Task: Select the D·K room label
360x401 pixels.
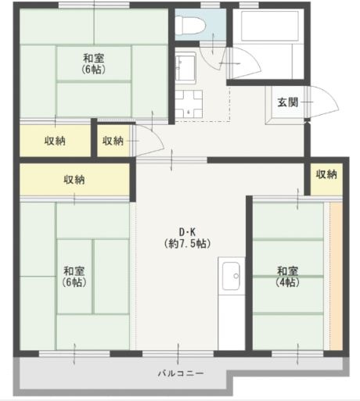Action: tap(188, 231)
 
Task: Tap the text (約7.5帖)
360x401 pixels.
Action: tap(188, 243)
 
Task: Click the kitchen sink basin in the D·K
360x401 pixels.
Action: tap(232, 274)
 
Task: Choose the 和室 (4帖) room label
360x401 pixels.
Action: tap(286, 277)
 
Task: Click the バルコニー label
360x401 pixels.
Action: tap(181, 374)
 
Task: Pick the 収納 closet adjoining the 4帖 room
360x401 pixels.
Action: tap(326, 174)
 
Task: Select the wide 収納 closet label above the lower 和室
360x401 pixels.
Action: tap(75, 180)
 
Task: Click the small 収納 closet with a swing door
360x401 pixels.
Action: tap(113, 141)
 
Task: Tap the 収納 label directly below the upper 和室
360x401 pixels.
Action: tap(54, 141)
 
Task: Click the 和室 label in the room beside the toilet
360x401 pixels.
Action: tap(93, 57)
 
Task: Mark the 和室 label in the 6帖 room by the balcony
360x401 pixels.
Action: tap(75, 271)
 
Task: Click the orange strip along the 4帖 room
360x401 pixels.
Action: tap(336, 274)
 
